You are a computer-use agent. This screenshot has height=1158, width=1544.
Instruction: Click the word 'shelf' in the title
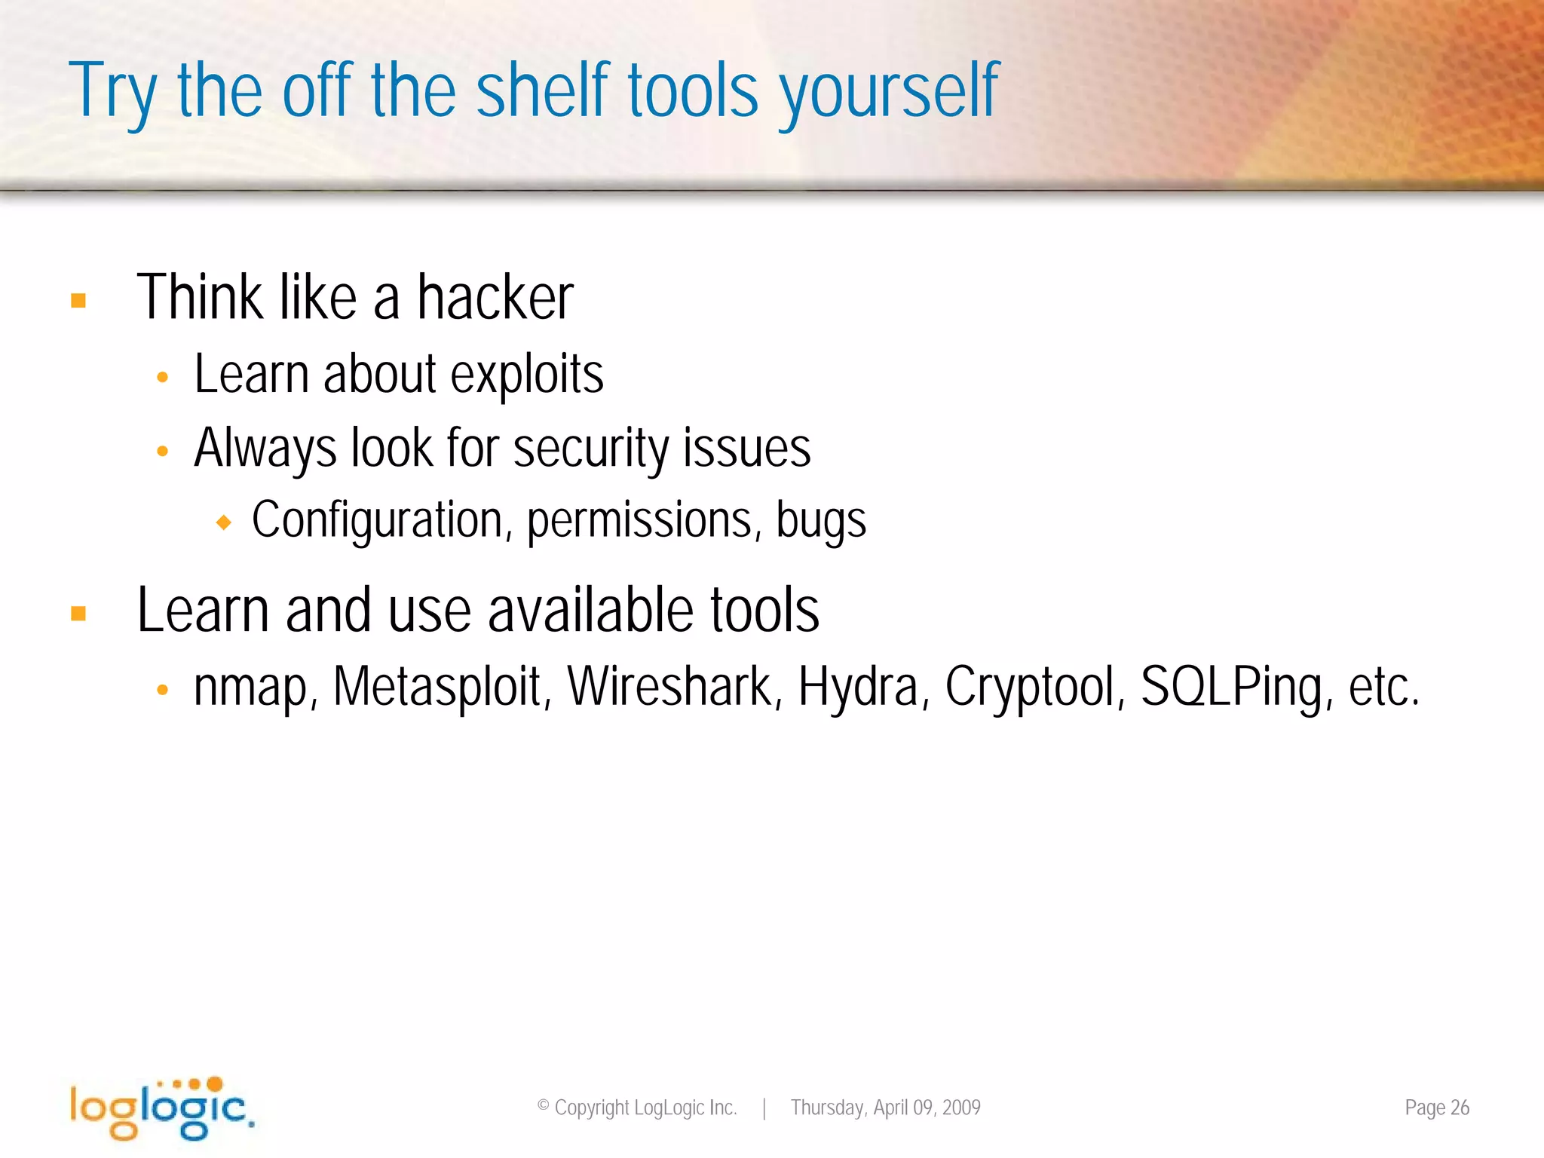pos(543,90)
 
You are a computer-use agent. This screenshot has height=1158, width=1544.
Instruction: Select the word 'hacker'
pos(495,298)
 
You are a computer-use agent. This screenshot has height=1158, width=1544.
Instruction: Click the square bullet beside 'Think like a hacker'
pos(78,301)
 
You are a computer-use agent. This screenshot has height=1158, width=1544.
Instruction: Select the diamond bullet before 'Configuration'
pos(223,522)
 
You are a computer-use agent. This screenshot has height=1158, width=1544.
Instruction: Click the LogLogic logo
pos(161,1107)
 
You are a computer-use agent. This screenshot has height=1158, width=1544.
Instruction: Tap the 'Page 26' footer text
pos(1436,1107)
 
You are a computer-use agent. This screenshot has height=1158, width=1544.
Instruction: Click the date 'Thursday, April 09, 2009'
pos(885,1107)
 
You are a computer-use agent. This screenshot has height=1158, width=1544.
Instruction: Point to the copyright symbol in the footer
pos(543,1106)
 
